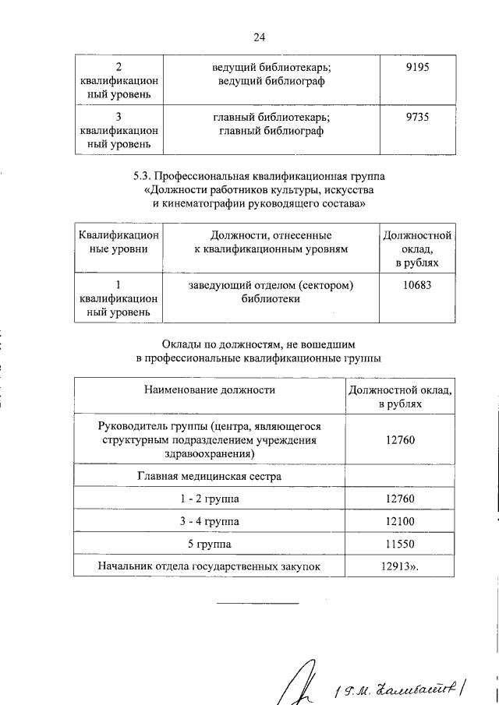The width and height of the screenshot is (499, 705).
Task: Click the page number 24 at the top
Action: pos(260,37)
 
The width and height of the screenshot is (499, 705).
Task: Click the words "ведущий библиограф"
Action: pos(271,81)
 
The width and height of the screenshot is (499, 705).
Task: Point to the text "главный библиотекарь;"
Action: pos(271,118)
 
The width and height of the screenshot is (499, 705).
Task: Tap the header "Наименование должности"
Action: pos(209,390)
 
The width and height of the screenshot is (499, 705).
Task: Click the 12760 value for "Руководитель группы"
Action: pos(400,440)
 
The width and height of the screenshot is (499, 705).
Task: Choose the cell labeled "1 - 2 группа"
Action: pos(209,498)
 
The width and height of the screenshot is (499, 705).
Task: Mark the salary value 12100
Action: pos(400,520)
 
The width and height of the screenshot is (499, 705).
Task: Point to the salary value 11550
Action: pos(400,543)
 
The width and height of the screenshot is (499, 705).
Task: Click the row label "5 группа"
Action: pos(209,543)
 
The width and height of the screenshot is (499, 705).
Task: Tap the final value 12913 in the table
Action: pos(398,566)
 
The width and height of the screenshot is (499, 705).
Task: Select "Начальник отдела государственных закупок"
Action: pos(209,566)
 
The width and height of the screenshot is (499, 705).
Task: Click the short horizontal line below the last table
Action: pos(257,603)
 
